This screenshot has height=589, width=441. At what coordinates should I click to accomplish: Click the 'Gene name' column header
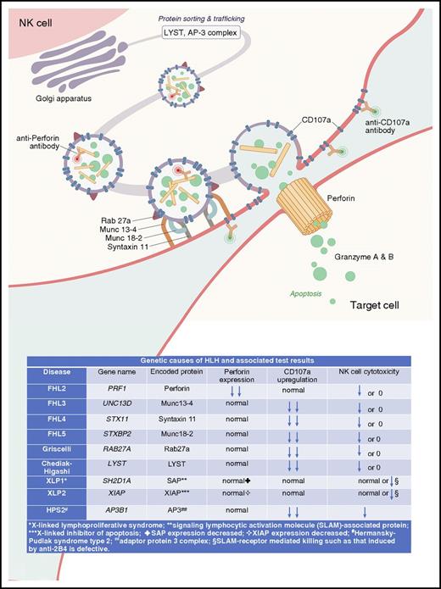[x=116, y=372]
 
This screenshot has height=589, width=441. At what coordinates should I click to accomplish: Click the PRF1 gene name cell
[x=116, y=389]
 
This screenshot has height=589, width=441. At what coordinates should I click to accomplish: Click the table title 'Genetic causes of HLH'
[x=220, y=359]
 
